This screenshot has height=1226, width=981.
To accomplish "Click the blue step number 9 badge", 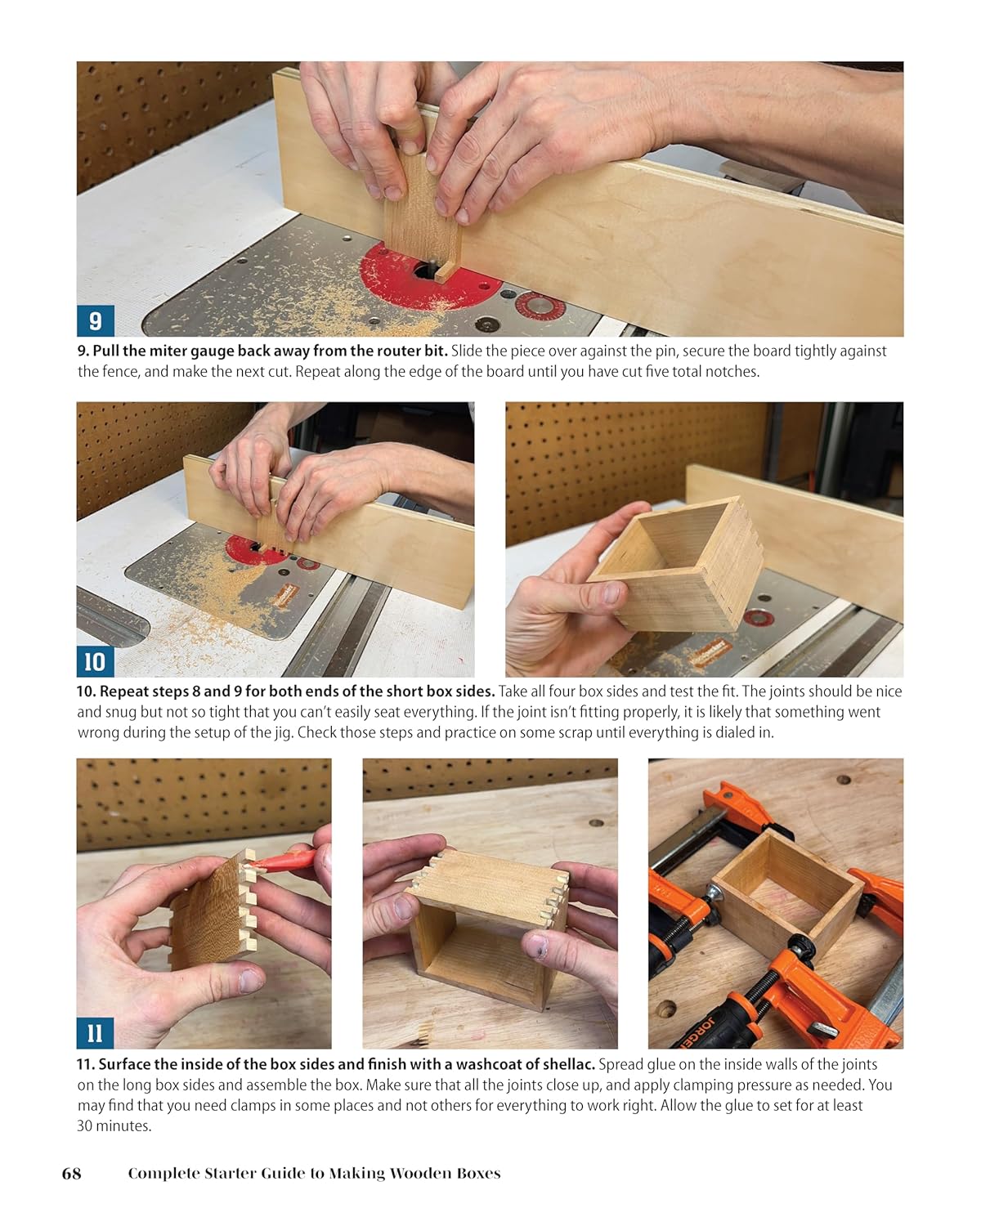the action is coord(95,320).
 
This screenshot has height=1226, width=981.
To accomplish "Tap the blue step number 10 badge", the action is coord(95,661).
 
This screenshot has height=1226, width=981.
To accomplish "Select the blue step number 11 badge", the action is coord(95,1033).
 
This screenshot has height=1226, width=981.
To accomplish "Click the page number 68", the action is coord(72,1174).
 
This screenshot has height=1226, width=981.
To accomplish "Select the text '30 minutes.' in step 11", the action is coord(114,1125).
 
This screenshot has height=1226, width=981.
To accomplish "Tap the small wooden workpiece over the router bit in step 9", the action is coord(421,213).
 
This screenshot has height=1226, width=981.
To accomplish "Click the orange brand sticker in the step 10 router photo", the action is coord(284,593).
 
